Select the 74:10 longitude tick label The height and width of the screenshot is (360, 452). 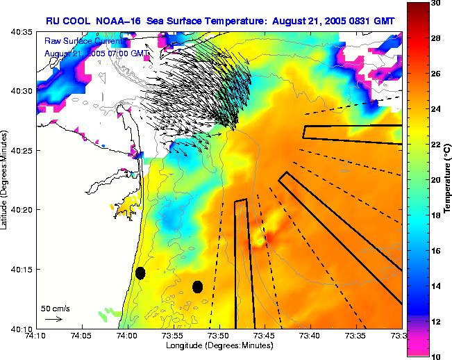36,336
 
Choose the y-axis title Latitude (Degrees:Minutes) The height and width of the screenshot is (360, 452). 6,180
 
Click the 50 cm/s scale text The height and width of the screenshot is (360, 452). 53,308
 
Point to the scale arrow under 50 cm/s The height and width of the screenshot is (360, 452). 53,319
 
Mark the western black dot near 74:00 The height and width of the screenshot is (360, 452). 140,273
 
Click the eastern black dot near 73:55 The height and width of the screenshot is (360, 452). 197,286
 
